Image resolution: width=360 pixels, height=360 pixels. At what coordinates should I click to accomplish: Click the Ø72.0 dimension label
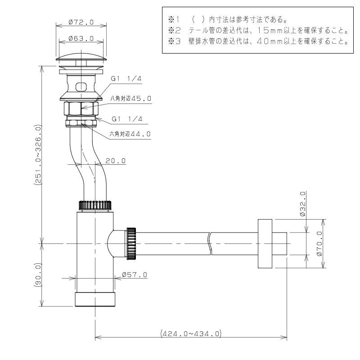[x=81, y=22]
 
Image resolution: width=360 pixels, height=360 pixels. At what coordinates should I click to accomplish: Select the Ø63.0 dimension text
[x=81, y=38]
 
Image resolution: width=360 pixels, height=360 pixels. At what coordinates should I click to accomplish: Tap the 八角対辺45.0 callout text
[x=130, y=99]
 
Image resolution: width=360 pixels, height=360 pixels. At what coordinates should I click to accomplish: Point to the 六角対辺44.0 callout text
[x=130, y=134]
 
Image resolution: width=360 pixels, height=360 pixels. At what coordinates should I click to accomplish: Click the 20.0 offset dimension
[x=116, y=161]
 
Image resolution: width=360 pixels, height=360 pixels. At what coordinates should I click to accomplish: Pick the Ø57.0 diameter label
[x=135, y=274]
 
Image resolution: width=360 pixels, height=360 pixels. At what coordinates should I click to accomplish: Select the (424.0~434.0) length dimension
[x=191, y=333]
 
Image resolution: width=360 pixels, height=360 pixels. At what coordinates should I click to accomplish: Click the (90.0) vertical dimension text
[x=38, y=275]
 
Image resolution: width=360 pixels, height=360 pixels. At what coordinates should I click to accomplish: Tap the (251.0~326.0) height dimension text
[x=38, y=155]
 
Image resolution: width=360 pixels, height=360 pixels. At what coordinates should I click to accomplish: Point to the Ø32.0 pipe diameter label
[x=303, y=204]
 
